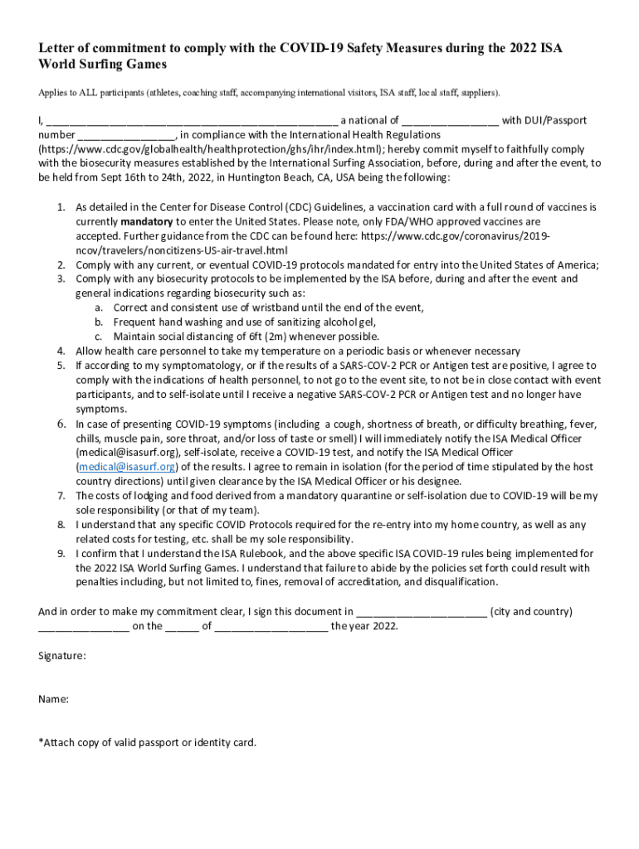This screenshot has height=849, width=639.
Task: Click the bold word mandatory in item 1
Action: (146, 222)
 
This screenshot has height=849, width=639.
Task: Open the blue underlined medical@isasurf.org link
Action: (127, 467)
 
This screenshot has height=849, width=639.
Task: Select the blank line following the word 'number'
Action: (127, 135)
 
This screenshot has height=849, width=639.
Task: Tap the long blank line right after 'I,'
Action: (192, 121)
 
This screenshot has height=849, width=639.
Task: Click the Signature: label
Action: (62, 656)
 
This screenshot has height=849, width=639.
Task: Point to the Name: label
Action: (54, 699)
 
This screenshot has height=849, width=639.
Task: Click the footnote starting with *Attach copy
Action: (148, 742)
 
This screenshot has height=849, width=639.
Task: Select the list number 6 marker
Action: (61, 424)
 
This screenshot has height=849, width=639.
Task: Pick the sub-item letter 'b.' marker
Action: (99, 322)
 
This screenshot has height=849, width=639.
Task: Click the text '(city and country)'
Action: (531, 612)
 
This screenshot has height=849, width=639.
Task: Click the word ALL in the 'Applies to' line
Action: (85, 91)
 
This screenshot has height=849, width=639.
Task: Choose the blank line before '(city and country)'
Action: (421, 613)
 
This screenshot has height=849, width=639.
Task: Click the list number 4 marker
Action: (61, 352)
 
